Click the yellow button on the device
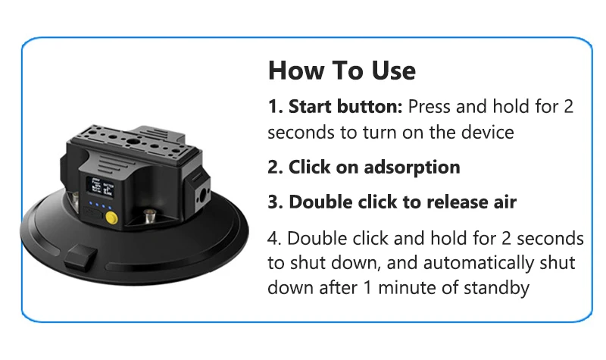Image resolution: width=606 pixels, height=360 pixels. [111, 218]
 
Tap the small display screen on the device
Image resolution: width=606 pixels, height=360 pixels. [101, 187]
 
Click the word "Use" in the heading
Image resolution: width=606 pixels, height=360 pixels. [393, 70]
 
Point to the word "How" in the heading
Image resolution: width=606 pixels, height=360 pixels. [296, 70]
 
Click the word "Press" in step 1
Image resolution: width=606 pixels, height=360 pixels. [430, 106]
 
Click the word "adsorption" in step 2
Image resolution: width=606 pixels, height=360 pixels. [412, 167]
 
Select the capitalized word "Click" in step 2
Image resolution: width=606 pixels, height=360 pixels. [310, 167]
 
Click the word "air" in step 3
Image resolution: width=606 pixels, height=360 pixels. [504, 202]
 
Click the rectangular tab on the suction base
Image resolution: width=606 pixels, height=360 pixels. [80, 256]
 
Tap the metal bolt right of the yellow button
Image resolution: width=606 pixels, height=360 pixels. [149, 216]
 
